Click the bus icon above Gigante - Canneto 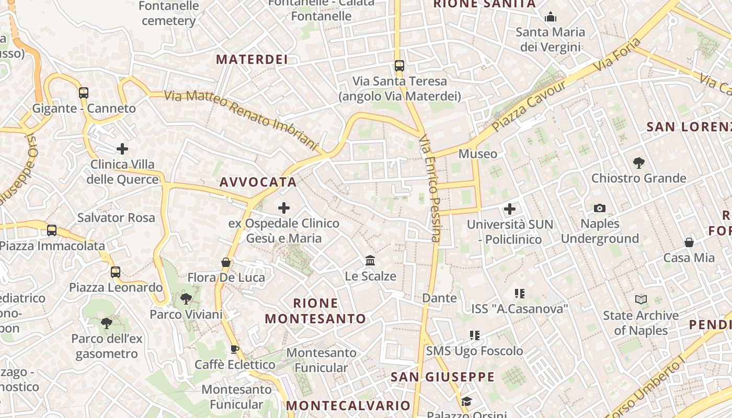coord(84,93)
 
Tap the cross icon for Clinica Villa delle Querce coord(122,149)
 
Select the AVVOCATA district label coord(258,182)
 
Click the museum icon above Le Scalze coord(370,260)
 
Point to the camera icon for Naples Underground coord(600,208)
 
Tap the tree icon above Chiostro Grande coord(638,162)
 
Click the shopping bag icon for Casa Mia coord(689,242)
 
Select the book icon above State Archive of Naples coord(641,300)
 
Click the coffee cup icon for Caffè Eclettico coord(235,349)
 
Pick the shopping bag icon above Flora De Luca coord(226,262)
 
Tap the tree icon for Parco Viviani coord(186,299)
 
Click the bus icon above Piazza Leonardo coord(116,272)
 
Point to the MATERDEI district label coord(252,60)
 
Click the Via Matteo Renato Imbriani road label coord(242,119)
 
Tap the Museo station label coord(478,154)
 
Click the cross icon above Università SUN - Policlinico coord(510,209)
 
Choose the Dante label coord(439,298)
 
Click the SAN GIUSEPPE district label coord(443,377)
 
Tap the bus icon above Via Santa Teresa coord(399,66)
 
